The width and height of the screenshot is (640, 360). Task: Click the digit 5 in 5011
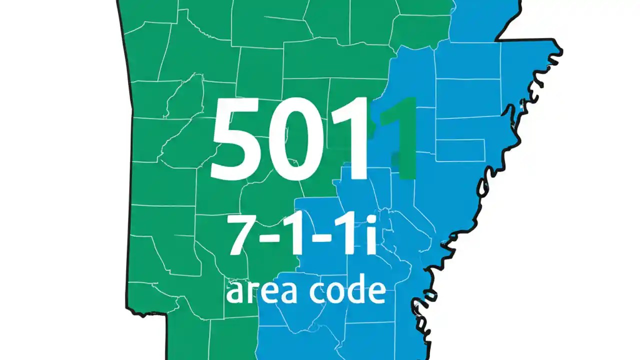pos(234,140)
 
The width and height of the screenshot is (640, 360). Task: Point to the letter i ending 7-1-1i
pos(370,235)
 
